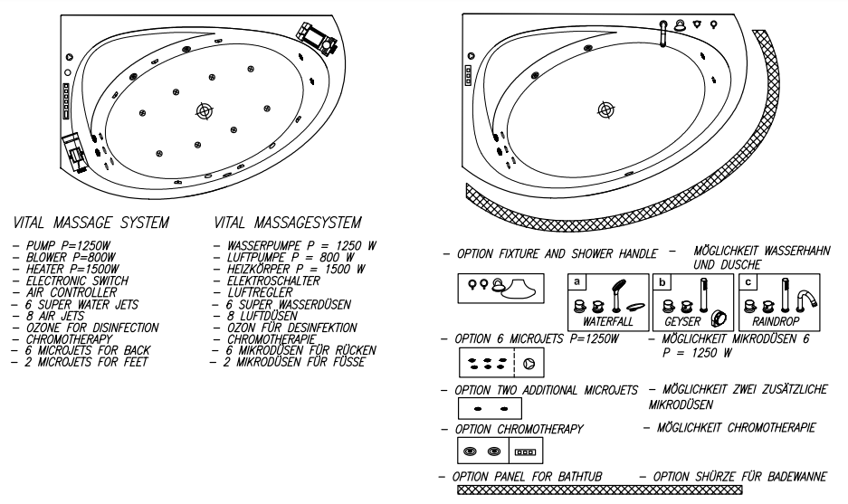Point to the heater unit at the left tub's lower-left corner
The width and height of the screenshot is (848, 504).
tap(77, 151)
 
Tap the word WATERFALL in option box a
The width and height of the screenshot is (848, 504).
tap(608, 321)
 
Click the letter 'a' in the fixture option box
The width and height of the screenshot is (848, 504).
tap(575, 281)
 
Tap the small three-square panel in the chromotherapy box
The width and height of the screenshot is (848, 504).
tap(525, 450)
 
